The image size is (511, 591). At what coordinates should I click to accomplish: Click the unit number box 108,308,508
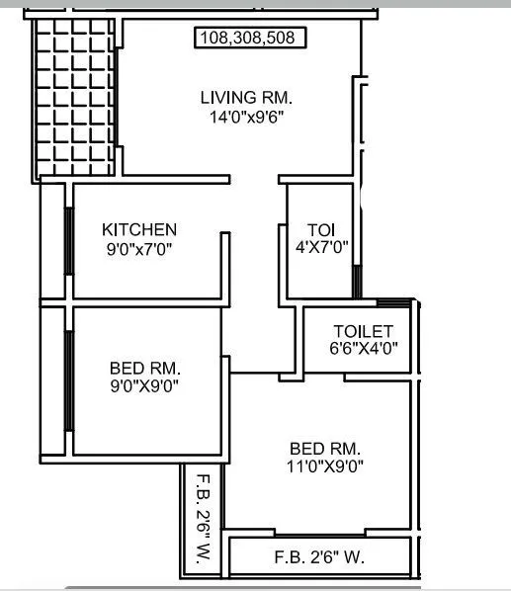250,39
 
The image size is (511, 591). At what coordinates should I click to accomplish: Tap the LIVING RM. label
247,98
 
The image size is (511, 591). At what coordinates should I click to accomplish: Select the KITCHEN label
139,229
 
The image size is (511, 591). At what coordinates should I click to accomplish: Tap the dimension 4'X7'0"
323,247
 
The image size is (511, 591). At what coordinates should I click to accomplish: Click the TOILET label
364,331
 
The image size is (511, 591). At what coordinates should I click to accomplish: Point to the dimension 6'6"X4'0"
364,348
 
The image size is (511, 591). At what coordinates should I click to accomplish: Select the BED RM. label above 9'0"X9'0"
145,370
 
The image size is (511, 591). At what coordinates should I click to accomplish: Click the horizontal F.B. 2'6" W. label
319,557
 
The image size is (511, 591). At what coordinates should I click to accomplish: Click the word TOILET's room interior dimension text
364,348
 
